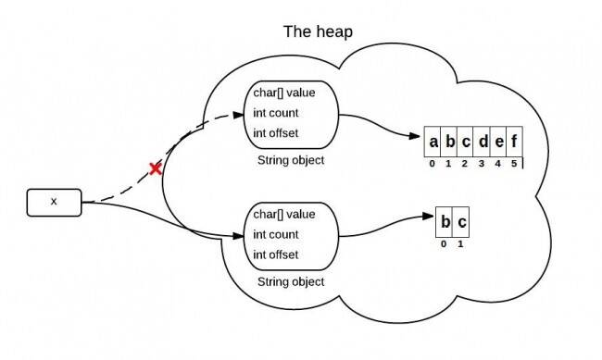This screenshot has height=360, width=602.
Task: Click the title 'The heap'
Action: coord(317,32)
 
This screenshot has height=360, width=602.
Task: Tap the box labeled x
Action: coord(55,201)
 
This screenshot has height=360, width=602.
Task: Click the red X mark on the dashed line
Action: coord(157,168)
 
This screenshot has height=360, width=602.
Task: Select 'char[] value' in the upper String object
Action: coord(283,93)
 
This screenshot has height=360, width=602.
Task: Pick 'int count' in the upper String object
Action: coord(276,114)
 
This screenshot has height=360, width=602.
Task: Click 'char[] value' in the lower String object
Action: coord(283,215)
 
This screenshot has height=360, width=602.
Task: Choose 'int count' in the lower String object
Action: coord(276,235)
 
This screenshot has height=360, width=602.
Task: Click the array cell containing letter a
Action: coord(433,143)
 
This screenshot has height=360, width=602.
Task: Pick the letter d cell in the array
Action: coord(482,143)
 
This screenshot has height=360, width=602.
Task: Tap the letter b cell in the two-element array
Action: coord(445,223)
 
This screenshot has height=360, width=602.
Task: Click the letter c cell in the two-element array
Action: coord(462,223)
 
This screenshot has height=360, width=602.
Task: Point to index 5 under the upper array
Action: coord(514,164)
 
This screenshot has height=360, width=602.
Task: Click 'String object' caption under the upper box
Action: coord(290,160)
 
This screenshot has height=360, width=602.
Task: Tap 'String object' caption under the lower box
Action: coord(290,281)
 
